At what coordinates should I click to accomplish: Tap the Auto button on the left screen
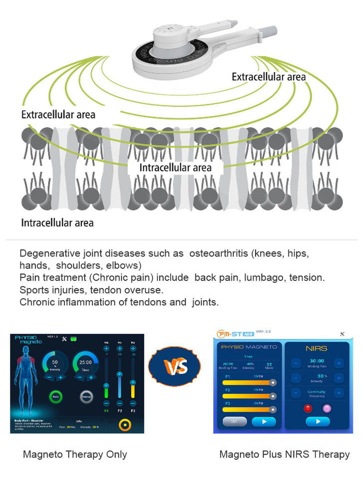click(x=55, y=398)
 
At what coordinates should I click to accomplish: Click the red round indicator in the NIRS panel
click(x=308, y=408)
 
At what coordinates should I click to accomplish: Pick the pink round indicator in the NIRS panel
click(x=327, y=408)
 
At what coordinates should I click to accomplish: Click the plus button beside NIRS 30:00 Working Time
click(x=339, y=363)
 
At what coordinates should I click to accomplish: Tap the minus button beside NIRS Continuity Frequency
click(x=296, y=393)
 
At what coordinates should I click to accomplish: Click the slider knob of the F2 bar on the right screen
click(x=273, y=396)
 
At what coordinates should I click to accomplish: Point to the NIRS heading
click(x=316, y=348)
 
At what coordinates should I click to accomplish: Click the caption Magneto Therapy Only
click(x=75, y=454)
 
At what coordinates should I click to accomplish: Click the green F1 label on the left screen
click(x=106, y=411)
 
